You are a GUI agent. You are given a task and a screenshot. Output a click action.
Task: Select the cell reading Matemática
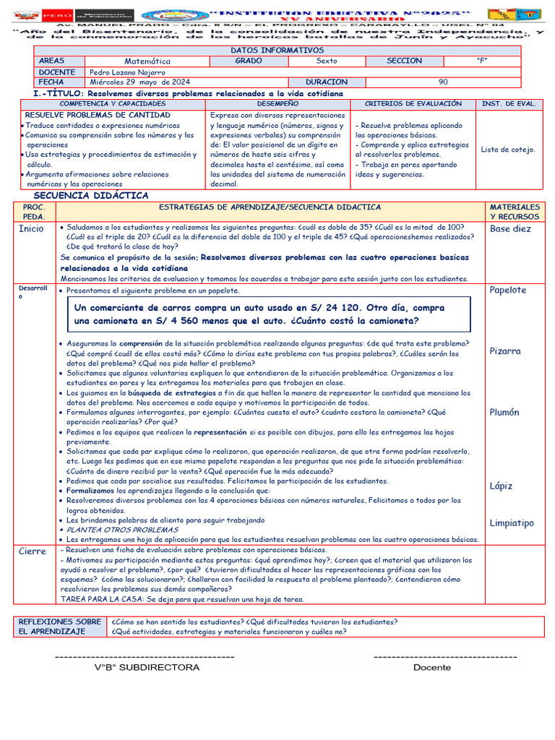click(147, 61)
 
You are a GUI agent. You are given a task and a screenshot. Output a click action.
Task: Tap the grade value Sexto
click(327, 61)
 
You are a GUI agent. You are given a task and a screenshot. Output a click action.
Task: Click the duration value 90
click(443, 82)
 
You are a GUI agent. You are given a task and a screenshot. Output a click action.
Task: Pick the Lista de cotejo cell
click(508, 150)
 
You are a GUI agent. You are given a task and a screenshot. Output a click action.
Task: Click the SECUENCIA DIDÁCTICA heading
click(91, 196)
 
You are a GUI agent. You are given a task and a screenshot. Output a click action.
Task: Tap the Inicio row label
click(31, 229)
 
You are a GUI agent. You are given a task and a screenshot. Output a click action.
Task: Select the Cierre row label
click(33, 551)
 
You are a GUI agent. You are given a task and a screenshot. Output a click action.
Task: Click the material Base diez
click(510, 229)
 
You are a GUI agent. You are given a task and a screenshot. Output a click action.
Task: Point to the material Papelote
click(508, 291)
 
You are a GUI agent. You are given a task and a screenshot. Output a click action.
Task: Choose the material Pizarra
click(505, 351)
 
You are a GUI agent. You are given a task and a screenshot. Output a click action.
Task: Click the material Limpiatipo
click(511, 523)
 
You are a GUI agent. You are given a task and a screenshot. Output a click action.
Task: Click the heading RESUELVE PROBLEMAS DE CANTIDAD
click(98, 116)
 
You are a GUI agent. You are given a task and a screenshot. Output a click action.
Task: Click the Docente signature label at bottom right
click(431, 667)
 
